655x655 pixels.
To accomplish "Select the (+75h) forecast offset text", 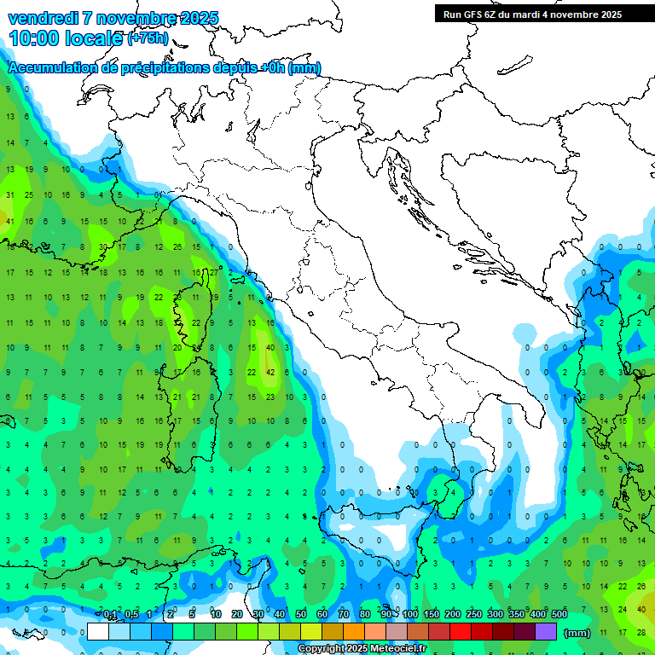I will point(148,38).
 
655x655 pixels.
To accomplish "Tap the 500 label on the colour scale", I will point(559,615).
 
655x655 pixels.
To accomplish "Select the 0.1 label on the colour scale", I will point(110,615).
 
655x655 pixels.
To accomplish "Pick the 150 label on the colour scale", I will point(432,615).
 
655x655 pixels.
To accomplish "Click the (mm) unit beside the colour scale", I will point(577,633).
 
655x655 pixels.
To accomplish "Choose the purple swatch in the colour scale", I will point(546,632).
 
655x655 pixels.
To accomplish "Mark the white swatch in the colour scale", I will point(98,632).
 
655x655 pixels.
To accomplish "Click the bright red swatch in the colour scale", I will point(461,632).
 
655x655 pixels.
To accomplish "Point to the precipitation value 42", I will point(270,372).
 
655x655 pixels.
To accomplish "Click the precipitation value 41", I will point(9,222).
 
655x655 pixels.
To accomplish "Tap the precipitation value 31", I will point(9,195).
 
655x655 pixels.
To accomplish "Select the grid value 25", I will point(28,195).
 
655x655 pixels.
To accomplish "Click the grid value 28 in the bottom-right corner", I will point(641,632).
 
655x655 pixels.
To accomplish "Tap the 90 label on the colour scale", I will point(386,615).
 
